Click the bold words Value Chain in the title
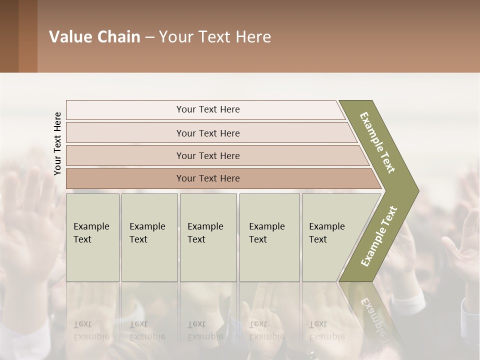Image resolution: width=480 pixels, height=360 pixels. coord(94,37)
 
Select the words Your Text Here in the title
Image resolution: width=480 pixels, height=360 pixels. coord(215,37)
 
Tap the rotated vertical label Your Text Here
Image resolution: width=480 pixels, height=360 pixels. coord(58,143)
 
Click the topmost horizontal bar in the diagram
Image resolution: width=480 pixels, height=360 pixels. coord(208,109)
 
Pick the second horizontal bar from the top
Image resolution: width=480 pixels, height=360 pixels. coord(208,133)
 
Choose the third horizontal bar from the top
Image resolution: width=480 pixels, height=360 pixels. coord(208,155)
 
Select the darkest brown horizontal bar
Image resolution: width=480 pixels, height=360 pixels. coord(208,178)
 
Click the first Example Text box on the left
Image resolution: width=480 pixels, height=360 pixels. coord(92,237)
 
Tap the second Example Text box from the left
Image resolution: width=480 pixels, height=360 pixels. coord(149,237)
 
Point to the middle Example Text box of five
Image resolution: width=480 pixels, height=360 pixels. coord(208,237)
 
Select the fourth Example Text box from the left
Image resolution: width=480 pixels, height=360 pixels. coord(269,237)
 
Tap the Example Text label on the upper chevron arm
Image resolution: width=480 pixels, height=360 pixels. coord(377,142)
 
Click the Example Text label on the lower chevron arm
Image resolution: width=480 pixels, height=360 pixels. coord(379,236)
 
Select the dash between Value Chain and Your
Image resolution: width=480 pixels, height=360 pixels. coord(149,37)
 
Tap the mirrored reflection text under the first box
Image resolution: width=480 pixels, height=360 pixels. coord(91,330)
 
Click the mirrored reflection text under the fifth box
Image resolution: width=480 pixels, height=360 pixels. coord(326,330)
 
